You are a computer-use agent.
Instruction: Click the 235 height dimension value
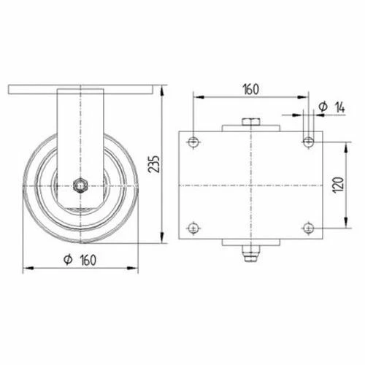coord(152,165)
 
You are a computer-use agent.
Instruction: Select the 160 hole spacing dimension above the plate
coord(250,90)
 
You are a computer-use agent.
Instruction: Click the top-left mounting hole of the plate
coord(193,141)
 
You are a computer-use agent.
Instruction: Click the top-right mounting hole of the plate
coord(307,141)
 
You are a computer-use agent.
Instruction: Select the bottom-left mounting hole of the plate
coord(193,228)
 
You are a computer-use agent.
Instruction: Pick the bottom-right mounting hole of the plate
coord(307,228)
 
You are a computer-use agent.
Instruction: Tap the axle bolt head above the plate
coord(250,121)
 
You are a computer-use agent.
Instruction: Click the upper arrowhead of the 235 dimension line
coord(161,89)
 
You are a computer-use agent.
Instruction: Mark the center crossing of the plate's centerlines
coord(250,184)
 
